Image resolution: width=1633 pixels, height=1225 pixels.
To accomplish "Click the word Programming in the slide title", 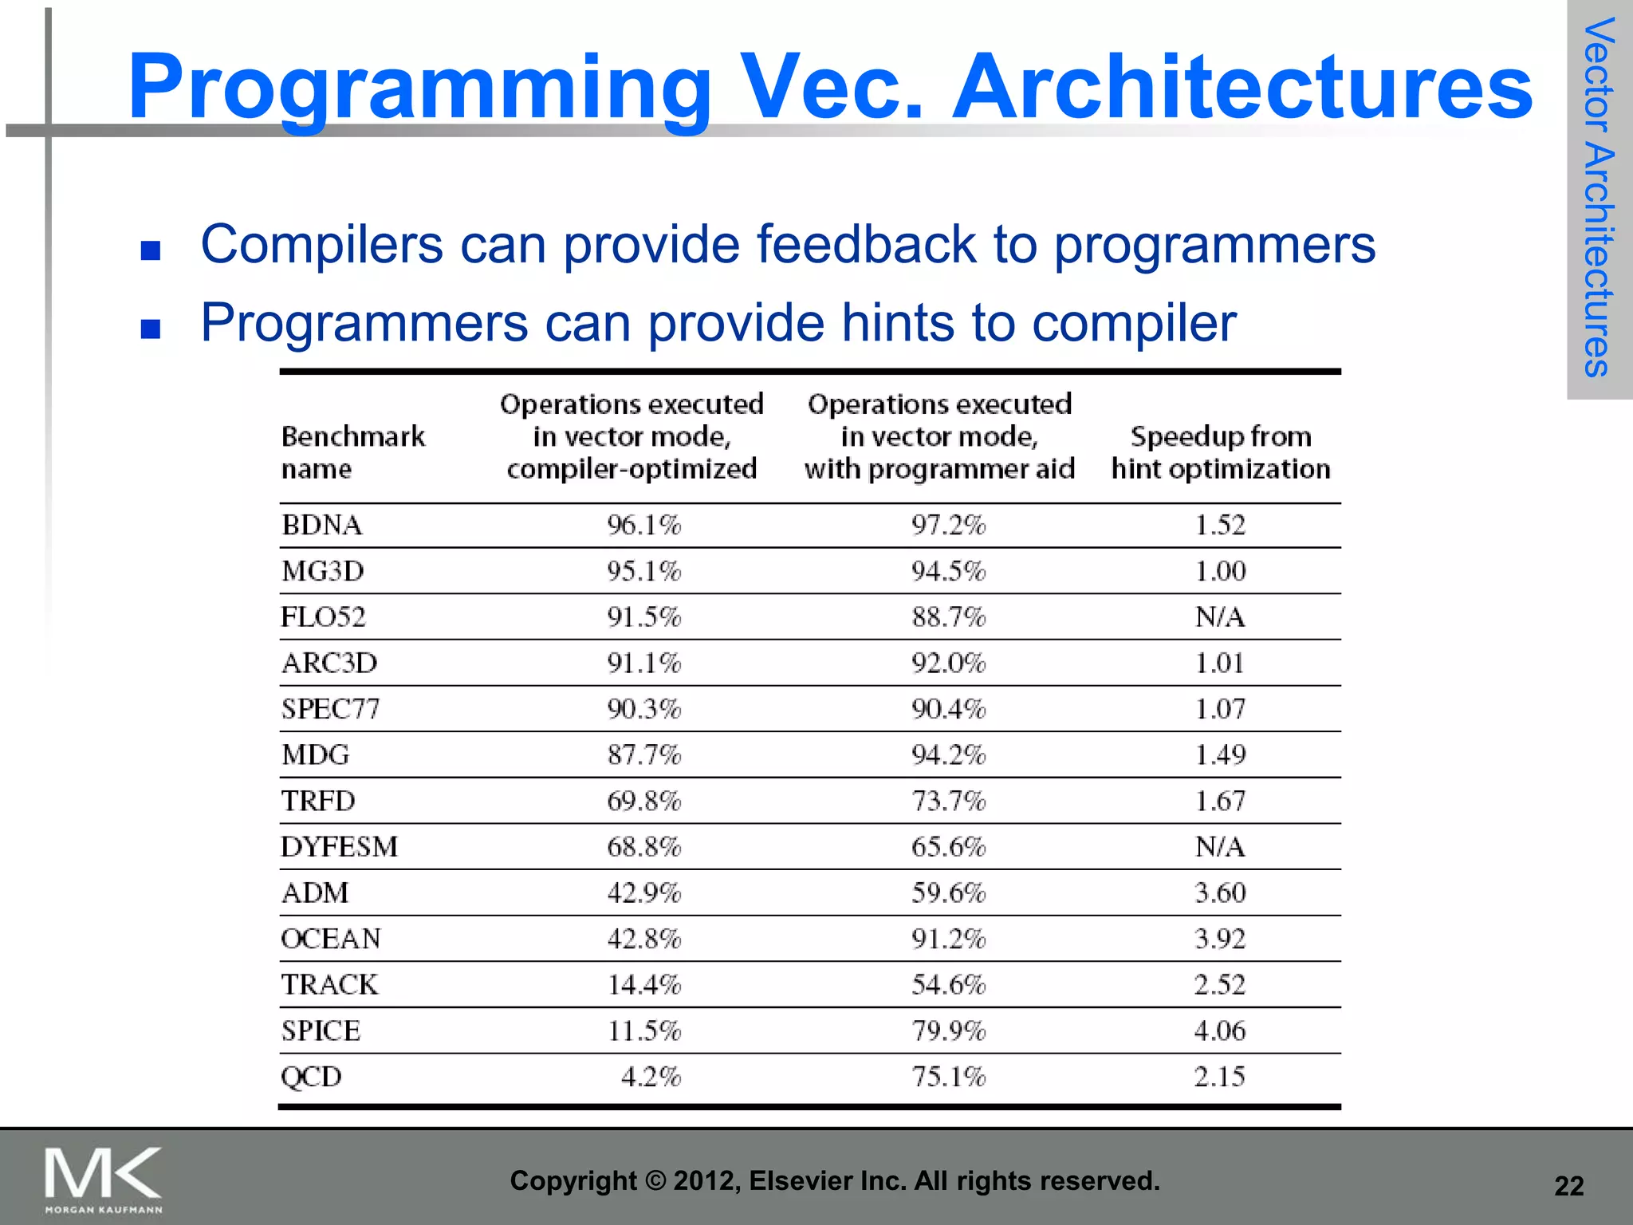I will point(419,88).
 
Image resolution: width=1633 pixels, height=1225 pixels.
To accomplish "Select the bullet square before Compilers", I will point(150,251).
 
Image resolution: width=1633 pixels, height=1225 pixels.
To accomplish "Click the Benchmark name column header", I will point(353,452).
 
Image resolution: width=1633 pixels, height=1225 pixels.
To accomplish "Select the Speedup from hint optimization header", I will point(1220,452).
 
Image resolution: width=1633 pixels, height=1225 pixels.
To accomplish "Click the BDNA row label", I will point(322,526).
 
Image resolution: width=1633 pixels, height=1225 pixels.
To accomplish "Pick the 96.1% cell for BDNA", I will point(643,526).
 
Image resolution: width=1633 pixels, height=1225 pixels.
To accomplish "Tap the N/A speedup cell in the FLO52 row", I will point(1219,617).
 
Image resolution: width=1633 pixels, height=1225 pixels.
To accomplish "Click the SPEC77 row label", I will point(331,709).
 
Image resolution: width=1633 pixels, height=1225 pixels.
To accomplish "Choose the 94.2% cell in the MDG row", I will point(948,755).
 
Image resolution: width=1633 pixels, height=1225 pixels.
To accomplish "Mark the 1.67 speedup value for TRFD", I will point(1219,801).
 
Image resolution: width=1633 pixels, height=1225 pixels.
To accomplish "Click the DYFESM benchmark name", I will point(340,847).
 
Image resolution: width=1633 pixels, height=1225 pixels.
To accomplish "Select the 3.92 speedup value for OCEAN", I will point(1219,939).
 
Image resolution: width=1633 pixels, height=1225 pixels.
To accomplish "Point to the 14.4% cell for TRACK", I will point(643,985).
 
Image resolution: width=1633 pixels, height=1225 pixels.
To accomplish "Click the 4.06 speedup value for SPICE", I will point(1219,1031).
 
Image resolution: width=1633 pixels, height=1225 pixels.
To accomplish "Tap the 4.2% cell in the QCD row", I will point(651,1077).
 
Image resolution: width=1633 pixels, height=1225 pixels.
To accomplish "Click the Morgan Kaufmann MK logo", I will point(103,1179).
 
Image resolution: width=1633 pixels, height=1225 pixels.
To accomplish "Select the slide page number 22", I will point(1568,1187).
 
